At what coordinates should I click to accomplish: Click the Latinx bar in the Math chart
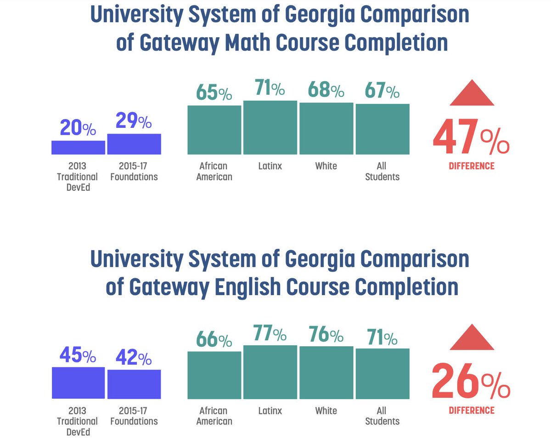coord(270,127)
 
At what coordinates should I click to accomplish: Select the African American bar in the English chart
coord(214,375)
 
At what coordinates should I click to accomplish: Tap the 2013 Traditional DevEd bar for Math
coord(78,147)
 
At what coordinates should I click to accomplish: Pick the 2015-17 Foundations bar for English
coord(134,384)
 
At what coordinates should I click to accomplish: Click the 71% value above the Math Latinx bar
coord(270,88)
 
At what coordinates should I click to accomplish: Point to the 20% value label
coord(78,128)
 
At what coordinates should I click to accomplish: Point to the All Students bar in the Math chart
coord(382,129)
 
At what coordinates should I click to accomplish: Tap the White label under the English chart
coord(326,411)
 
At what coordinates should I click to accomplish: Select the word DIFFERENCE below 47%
coord(472,166)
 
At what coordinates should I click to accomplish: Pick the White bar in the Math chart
coord(326,128)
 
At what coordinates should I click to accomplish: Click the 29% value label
coord(134,121)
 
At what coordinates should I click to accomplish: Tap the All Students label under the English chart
coord(382,416)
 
